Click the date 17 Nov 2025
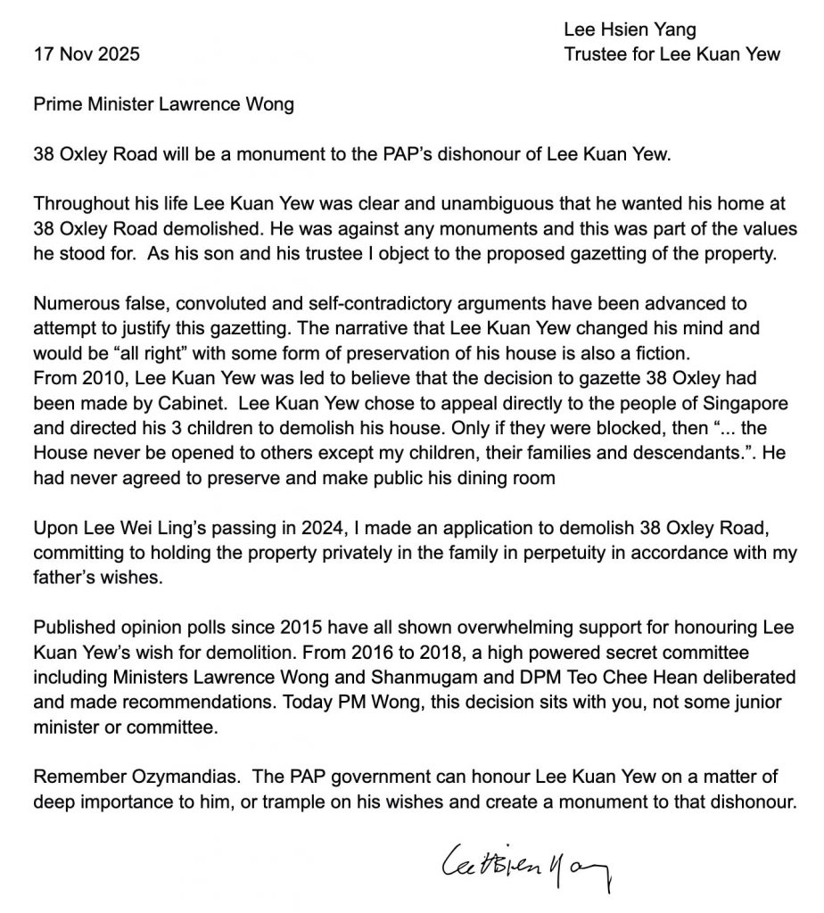pos(87,54)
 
